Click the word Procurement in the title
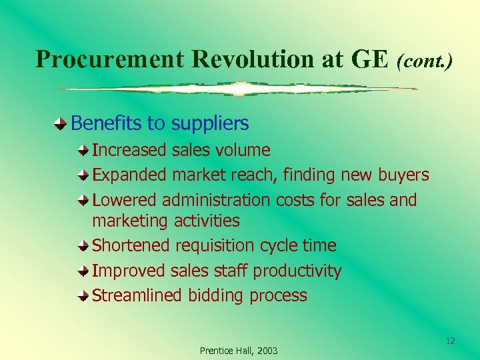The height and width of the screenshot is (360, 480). tap(110, 59)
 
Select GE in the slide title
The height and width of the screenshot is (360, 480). tap(369, 59)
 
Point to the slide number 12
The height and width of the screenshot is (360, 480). tap(450, 341)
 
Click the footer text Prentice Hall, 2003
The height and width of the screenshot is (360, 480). tap(239, 351)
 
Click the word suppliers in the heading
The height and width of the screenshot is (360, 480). tap(210, 123)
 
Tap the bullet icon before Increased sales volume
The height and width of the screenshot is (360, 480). tap(83, 151)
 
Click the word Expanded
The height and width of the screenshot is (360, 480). tap(129, 175)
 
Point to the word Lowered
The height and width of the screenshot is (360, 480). tap(125, 200)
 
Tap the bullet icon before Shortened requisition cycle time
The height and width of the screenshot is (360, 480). tap(83, 246)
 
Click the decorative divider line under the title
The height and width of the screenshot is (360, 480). tap(238, 89)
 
